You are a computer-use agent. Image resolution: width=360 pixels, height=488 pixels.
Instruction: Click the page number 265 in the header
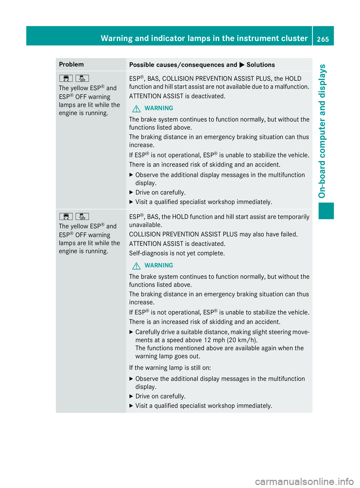tap(323, 39)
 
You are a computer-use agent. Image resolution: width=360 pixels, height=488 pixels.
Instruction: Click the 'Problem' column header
tap(71, 64)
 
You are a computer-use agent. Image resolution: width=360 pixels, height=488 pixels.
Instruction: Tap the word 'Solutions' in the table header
tap(261, 65)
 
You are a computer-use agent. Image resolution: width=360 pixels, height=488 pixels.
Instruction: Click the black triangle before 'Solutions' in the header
tap(242, 65)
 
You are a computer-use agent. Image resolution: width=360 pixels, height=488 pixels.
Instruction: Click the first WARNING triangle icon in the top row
tap(136, 109)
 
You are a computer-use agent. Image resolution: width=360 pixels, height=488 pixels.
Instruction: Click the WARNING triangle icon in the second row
tap(136, 266)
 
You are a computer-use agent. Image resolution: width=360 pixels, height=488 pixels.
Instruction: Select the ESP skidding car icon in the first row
tap(66, 78)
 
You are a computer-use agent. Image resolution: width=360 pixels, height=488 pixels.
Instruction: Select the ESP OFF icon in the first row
tap(82, 78)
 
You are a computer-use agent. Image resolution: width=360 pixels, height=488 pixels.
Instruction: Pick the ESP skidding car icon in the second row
tap(66, 216)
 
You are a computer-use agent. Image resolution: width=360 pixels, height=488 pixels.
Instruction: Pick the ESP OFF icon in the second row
tap(82, 216)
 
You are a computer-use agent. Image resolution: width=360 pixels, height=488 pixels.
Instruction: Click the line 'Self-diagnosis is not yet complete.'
tap(177, 253)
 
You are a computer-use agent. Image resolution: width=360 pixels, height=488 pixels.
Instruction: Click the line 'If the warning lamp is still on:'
tap(170, 368)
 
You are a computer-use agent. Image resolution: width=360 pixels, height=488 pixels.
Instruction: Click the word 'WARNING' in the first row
tap(159, 108)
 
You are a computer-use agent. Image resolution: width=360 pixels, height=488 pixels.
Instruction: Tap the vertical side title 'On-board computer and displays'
tap(322, 131)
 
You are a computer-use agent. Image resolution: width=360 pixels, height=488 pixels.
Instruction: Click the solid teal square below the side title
tap(326, 210)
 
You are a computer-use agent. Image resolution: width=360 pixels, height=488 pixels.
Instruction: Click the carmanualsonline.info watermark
tap(304, 481)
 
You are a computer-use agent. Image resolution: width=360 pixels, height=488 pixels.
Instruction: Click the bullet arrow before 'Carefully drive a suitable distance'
tap(131, 332)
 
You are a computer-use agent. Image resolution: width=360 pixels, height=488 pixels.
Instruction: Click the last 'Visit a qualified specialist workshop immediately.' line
tap(204, 406)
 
